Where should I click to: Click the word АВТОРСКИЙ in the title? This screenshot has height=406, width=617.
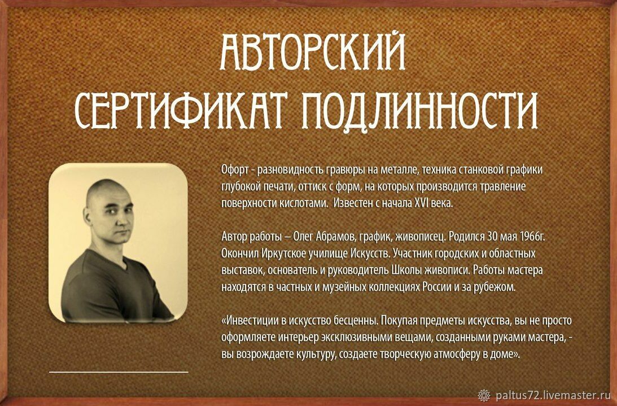(x=313, y=51)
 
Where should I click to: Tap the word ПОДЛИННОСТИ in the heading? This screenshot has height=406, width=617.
(x=420, y=110)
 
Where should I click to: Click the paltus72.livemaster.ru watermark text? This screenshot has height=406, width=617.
(x=553, y=395)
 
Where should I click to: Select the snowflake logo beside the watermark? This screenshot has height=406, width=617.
(x=484, y=395)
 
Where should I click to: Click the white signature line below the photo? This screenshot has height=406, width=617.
(x=119, y=372)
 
